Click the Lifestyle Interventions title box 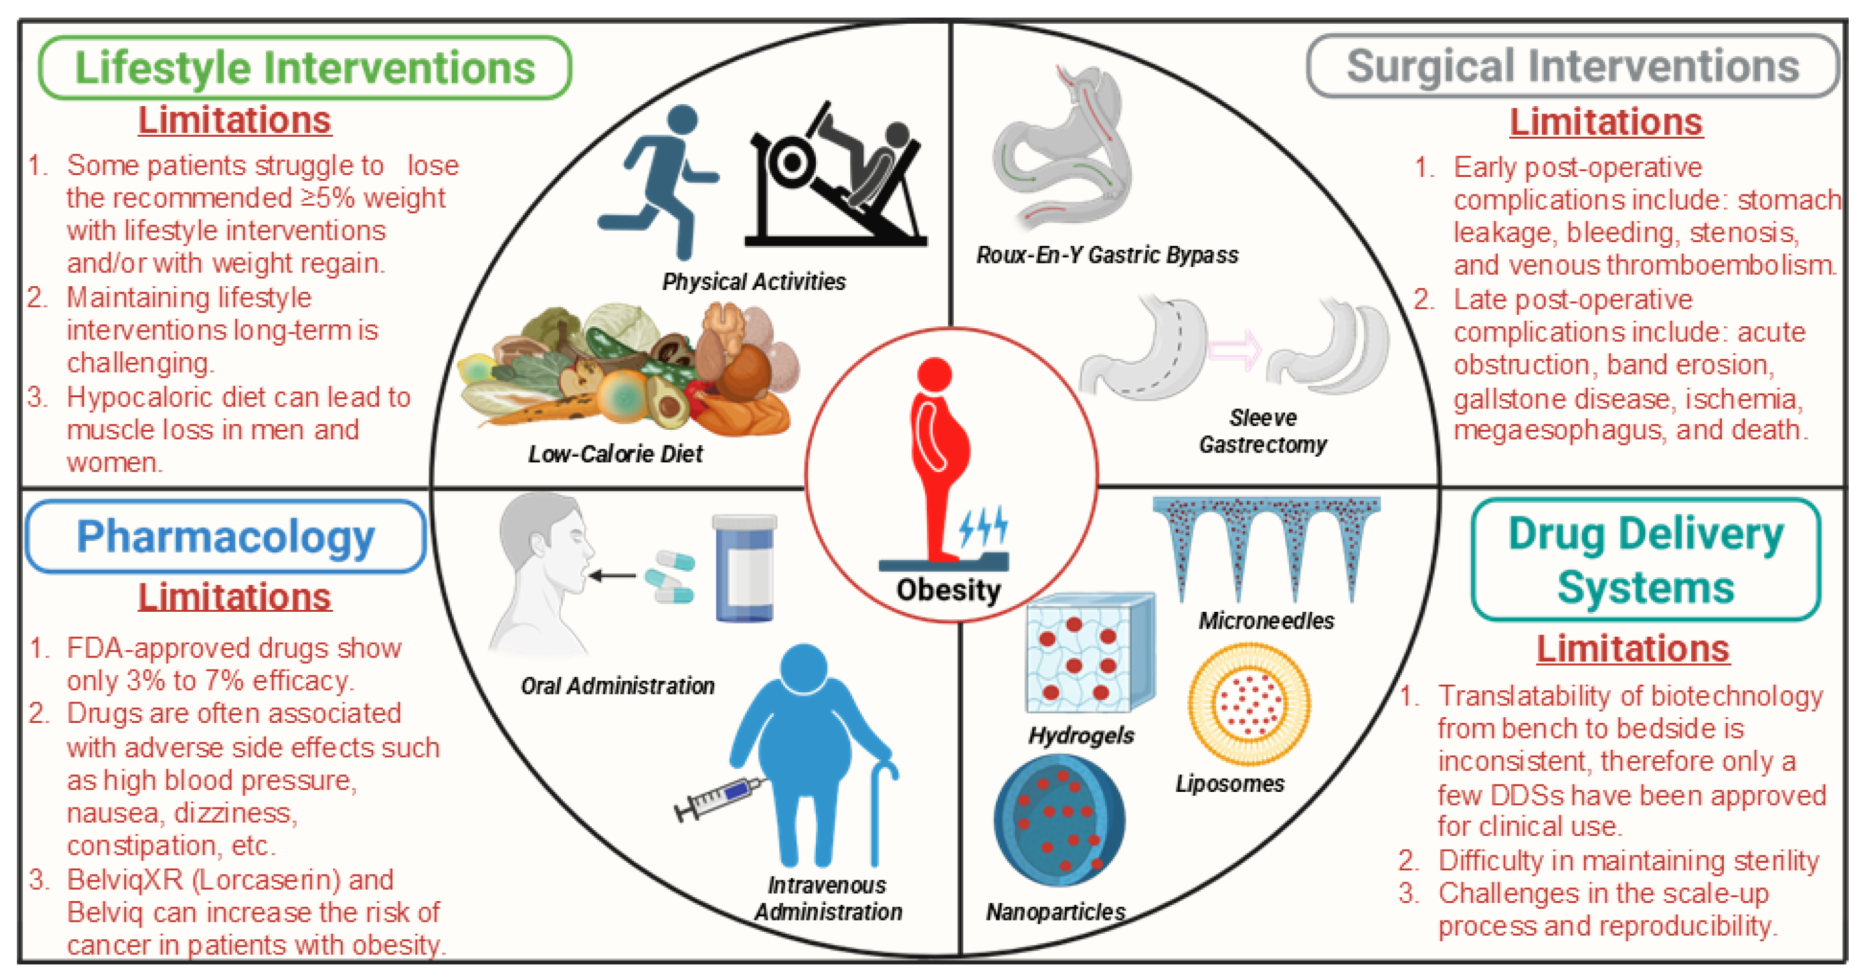pyautogui.click(x=305, y=68)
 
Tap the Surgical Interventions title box pyautogui.click(x=1572, y=67)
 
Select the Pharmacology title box pyautogui.click(x=225, y=537)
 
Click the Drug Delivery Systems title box pyautogui.click(x=1645, y=560)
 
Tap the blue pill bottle pyautogui.click(x=744, y=569)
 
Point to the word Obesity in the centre pyautogui.click(x=948, y=590)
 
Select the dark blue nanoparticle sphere pyautogui.click(x=1059, y=820)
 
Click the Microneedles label pyautogui.click(x=1266, y=621)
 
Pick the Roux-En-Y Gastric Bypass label pyautogui.click(x=1107, y=255)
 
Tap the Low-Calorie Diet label pyautogui.click(x=615, y=454)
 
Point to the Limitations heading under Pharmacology pyautogui.click(x=235, y=597)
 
